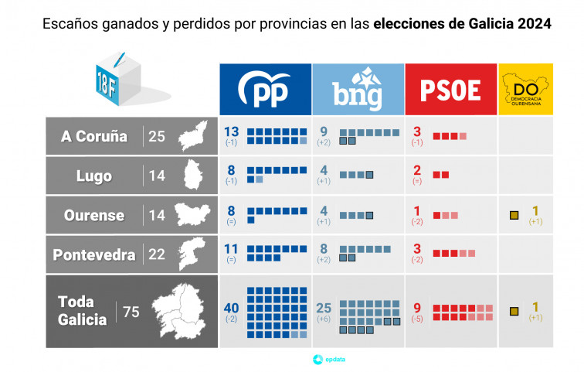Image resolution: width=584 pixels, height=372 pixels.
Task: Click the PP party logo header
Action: click(264, 89)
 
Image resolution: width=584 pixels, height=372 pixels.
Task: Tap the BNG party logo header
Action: click(358, 89)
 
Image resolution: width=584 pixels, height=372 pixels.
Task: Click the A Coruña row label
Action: click(94, 137)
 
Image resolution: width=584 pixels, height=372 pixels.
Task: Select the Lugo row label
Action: click(93, 176)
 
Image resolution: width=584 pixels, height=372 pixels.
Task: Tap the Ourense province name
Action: click(93, 215)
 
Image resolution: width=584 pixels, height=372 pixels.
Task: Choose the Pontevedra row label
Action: click(94, 254)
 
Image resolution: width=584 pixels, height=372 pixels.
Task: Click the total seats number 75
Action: click(131, 312)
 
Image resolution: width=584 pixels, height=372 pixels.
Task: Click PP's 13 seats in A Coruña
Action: click(232, 131)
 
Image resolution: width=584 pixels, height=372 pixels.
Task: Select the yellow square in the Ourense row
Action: click(513, 214)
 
